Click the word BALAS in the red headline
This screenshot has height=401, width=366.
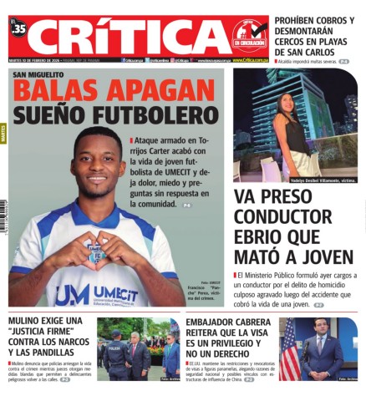[x=56, y=90]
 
